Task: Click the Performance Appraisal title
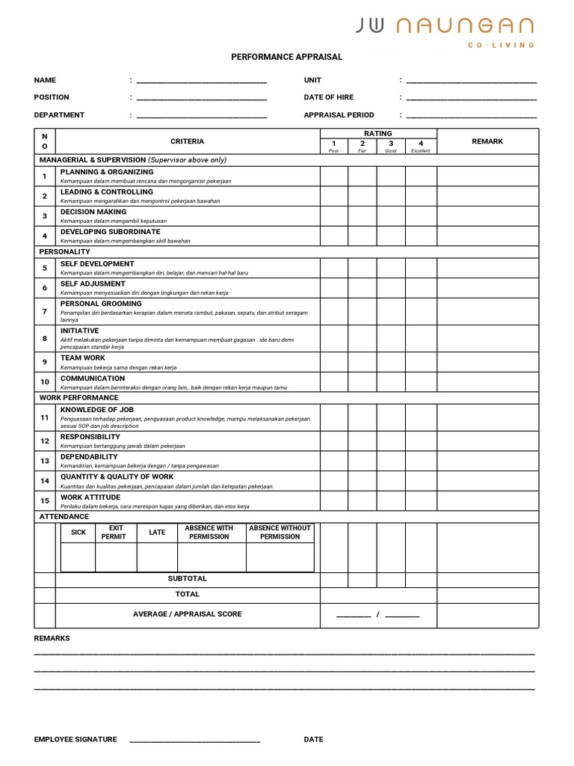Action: pyautogui.click(x=286, y=57)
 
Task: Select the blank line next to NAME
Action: pyautogui.click(x=201, y=81)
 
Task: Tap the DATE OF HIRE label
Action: pyautogui.click(x=329, y=97)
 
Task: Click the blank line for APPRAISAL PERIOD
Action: pyautogui.click(x=471, y=116)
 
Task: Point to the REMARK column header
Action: pyautogui.click(x=487, y=141)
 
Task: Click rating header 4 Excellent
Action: pyautogui.click(x=421, y=145)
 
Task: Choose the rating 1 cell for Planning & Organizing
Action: pyautogui.click(x=334, y=176)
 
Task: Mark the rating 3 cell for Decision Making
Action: pyautogui.click(x=391, y=216)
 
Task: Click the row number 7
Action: pyautogui.click(x=45, y=311)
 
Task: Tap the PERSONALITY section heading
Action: pyautogui.click(x=64, y=252)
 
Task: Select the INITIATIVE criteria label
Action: pyautogui.click(x=80, y=331)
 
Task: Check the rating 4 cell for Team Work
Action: pyautogui.click(x=421, y=362)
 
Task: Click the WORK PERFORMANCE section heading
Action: pyautogui.click(x=78, y=398)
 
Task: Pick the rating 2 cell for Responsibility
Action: pyautogui.click(x=362, y=441)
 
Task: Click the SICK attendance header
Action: pyautogui.click(x=78, y=533)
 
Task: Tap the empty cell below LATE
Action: pyautogui.click(x=157, y=557)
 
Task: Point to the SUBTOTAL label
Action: pyautogui.click(x=188, y=579)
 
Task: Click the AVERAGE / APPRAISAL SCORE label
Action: pyautogui.click(x=188, y=614)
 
